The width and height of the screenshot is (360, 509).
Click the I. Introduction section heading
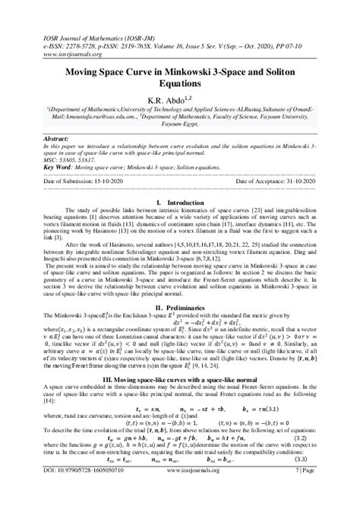click(x=180, y=203)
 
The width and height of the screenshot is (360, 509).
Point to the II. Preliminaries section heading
click(x=180, y=284)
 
